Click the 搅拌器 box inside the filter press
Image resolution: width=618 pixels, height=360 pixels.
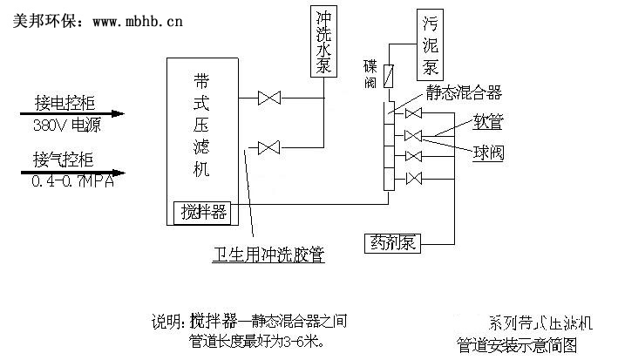point(202,211)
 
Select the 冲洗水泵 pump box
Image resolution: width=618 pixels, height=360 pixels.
point(323,41)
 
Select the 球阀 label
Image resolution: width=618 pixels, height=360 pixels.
point(487,153)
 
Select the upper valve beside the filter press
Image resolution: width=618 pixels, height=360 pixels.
point(268,98)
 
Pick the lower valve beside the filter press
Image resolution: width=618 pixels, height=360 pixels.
point(268,146)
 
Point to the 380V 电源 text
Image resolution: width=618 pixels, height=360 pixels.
point(66,124)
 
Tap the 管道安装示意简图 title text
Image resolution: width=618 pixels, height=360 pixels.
point(528,343)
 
